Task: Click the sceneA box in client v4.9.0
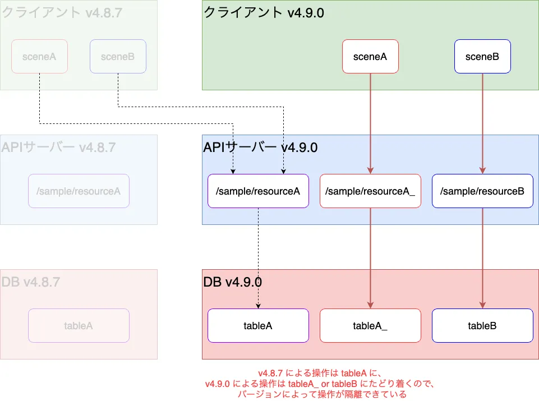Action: tap(370, 56)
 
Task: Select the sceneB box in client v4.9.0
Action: tap(482, 56)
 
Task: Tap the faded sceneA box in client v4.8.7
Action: tap(39, 56)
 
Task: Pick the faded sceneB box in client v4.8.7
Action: tap(118, 56)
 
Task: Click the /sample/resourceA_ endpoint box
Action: tap(370, 191)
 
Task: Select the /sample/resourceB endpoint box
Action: tap(482, 191)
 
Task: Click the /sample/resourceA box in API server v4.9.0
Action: tap(258, 191)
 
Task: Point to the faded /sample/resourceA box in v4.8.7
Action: tap(79, 191)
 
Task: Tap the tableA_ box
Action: tap(370, 326)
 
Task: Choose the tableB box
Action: tap(482, 326)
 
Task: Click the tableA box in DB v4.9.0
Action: tap(258, 326)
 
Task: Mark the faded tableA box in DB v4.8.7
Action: tap(79, 326)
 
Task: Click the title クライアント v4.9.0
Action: tap(264, 13)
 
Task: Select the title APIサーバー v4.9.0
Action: tap(260, 148)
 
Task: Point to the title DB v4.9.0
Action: tap(232, 282)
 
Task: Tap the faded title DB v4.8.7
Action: tap(31, 282)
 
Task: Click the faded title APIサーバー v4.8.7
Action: tap(58, 148)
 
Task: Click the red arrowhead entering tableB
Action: tap(482, 306)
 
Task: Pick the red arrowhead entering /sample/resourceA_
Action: tap(370, 171)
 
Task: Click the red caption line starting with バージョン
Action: tap(322, 394)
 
